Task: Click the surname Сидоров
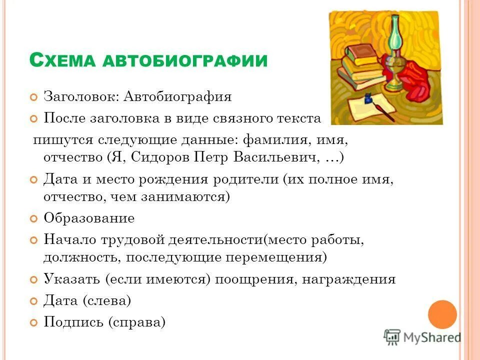point(160,158)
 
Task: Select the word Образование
point(89,218)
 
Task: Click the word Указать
point(72,279)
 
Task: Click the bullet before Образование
point(34,219)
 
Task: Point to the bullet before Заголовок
point(34,96)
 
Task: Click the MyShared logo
point(423,337)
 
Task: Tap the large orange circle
point(442,314)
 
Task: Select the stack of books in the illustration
point(362,67)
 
